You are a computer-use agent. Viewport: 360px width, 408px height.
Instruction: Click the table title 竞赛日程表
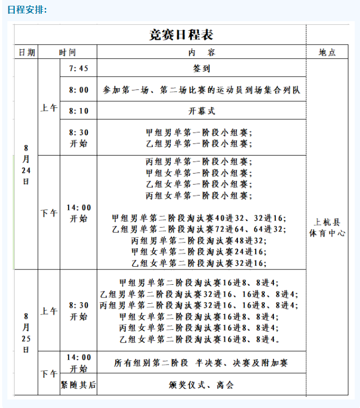point(181,35)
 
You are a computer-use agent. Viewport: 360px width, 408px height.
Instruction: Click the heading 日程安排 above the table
point(27,10)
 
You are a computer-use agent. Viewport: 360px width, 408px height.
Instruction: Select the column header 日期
point(26,52)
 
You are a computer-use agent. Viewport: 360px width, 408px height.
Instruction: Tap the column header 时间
point(68,52)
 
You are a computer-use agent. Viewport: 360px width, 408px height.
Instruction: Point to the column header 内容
point(201,52)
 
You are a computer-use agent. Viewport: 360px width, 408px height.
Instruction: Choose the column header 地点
point(327,52)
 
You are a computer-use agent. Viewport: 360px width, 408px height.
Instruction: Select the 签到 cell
point(201,69)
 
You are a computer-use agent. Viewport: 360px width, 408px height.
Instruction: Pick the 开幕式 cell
point(201,111)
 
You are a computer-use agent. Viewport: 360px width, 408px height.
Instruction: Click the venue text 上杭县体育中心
point(327,227)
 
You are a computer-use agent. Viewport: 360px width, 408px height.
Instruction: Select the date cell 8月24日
point(26,164)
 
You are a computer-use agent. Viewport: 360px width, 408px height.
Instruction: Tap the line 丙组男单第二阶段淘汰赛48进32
point(199,240)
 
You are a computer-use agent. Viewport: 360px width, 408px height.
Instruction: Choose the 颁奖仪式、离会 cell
point(201,385)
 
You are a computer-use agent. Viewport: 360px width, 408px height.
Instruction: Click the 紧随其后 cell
point(78,385)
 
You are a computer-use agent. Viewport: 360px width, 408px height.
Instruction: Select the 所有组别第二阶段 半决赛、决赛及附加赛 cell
point(201,363)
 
